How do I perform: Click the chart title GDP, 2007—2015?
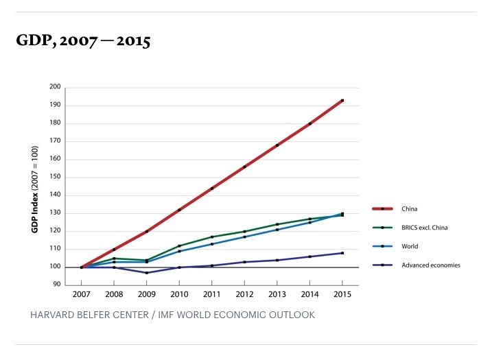(x=83, y=42)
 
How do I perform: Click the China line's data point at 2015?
(x=342, y=101)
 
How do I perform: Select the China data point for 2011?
(x=212, y=188)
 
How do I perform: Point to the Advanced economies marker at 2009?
(x=147, y=273)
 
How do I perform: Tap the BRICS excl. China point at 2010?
(x=179, y=246)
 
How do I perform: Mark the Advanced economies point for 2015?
(x=342, y=253)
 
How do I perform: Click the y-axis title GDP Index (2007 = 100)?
(x=34, y=189)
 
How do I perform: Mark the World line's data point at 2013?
(x=277, y=230)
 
